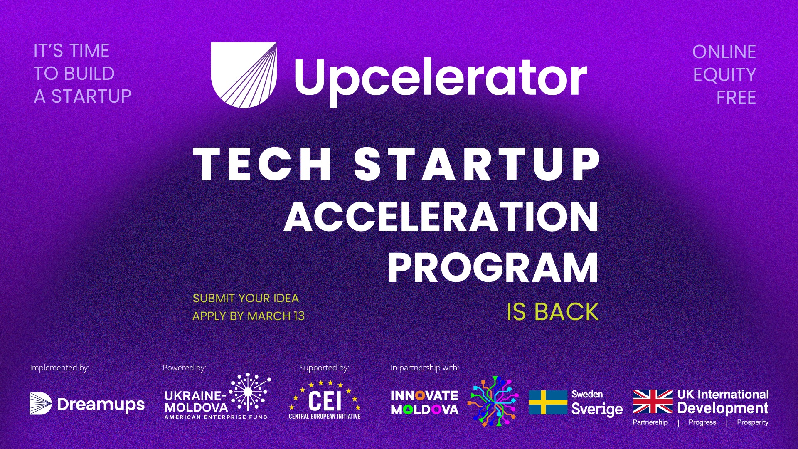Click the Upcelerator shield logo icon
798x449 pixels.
(244, 75)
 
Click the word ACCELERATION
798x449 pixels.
(441, 217)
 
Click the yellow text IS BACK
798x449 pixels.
(553, 312)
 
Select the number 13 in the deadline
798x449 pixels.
(299, 316)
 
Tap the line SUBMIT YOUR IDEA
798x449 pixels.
(246, 299)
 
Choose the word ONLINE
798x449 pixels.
(724, 52)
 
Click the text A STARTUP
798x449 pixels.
(83, 96)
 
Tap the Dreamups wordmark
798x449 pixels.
(101, 405)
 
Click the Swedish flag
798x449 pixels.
(548, 402)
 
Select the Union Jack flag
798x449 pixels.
(653, 402)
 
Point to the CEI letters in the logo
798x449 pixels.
(325, 401)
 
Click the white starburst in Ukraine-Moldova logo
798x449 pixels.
(249, 392)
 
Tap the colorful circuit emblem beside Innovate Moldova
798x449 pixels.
(493, 402)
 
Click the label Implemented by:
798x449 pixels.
(59, 368)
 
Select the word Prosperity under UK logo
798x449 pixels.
(753, 422)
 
